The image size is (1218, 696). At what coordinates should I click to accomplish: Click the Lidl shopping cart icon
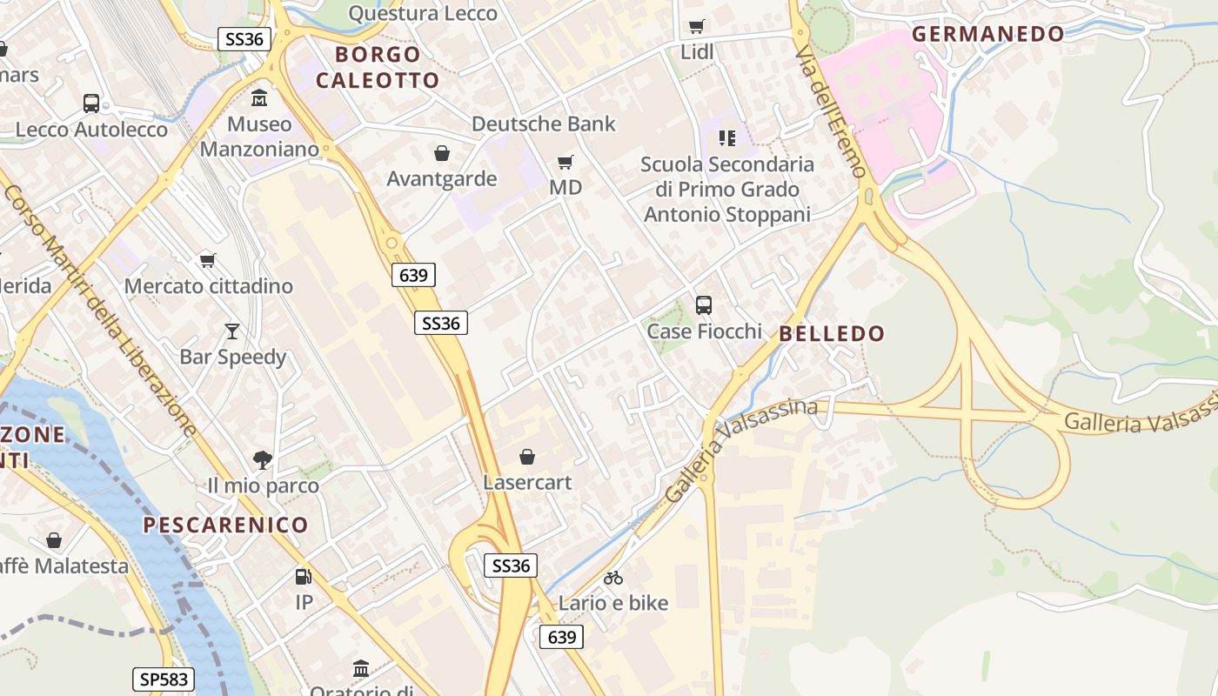pos(696,27)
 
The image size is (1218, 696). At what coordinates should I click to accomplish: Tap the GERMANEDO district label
pos(987,34)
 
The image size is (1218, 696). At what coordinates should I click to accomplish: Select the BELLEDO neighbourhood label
pos(832,333)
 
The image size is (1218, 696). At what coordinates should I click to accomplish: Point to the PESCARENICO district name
pos(225,525)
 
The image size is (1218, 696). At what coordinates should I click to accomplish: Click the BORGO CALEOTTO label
pos(378,67)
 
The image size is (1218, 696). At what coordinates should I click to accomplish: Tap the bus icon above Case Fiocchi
pos(704,305)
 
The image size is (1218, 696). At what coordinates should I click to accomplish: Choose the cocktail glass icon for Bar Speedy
pos(232,331)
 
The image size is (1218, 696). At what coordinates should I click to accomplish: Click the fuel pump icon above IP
pos(303,576)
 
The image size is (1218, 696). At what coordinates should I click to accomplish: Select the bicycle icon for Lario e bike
pos(613,578)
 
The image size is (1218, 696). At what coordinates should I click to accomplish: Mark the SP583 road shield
pos(164,679)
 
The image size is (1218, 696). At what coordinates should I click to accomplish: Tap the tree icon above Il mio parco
pos(263,459)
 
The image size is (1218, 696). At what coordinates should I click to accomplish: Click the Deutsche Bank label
pos(543,124)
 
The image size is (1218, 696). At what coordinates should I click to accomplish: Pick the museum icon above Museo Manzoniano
pos(259,98)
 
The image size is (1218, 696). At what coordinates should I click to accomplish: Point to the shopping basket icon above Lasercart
pos(527,457)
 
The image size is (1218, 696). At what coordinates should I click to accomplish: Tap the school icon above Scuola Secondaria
pos(727,138)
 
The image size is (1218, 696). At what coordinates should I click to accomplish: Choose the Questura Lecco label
pos(423,13)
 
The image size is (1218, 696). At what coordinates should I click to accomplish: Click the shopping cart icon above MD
pos(565,162)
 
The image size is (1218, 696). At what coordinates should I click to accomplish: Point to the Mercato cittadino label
pos(209,285)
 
